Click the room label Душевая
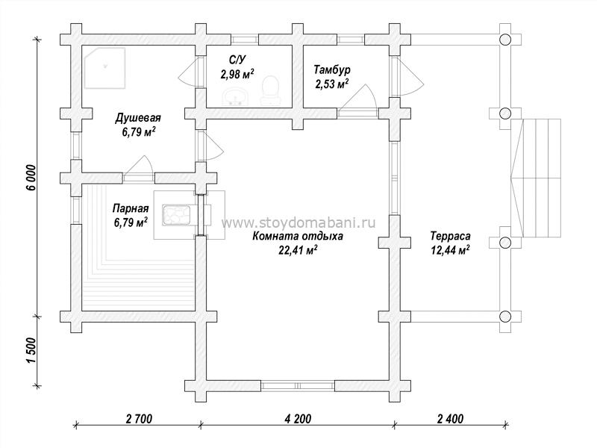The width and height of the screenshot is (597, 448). (138, 118)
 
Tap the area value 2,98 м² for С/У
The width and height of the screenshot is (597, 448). (237, 73)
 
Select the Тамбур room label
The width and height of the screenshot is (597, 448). (332, 69)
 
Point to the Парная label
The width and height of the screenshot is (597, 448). (131, 208)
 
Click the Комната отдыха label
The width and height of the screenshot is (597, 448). (298, 236)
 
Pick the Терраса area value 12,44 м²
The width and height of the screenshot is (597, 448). (450, 250)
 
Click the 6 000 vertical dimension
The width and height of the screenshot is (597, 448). (31, 178)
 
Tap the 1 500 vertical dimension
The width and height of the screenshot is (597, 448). (31, 350)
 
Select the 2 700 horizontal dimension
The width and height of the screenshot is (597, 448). (139, 419)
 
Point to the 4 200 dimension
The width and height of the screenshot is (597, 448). (298, 419)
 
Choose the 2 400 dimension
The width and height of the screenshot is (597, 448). (451, 419)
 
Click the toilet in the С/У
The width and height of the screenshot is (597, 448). (271, 90)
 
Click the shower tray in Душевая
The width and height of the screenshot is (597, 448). (104, 68)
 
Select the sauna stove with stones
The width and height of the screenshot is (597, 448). (176, 216)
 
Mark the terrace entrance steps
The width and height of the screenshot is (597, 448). (536, 178)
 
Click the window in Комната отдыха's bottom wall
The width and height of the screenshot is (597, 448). (298, 385)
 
